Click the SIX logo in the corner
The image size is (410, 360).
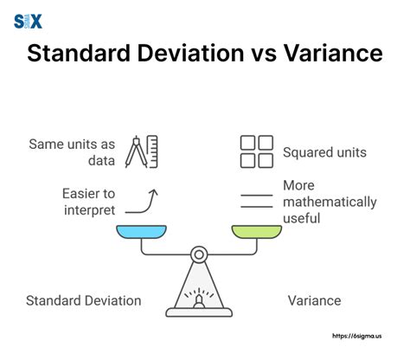tap(29, 21)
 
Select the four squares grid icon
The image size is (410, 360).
tap(257, 151)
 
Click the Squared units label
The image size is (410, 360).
tap(324, 152)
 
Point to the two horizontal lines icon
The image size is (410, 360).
tap(257, 202)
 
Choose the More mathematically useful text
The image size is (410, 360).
tap(330, 202)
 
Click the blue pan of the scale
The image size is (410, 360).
tap(141, 231)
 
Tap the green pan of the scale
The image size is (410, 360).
tap(257, 231)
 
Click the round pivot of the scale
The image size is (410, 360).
tap(199, 254)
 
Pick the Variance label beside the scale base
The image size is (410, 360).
tap(314, 301)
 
